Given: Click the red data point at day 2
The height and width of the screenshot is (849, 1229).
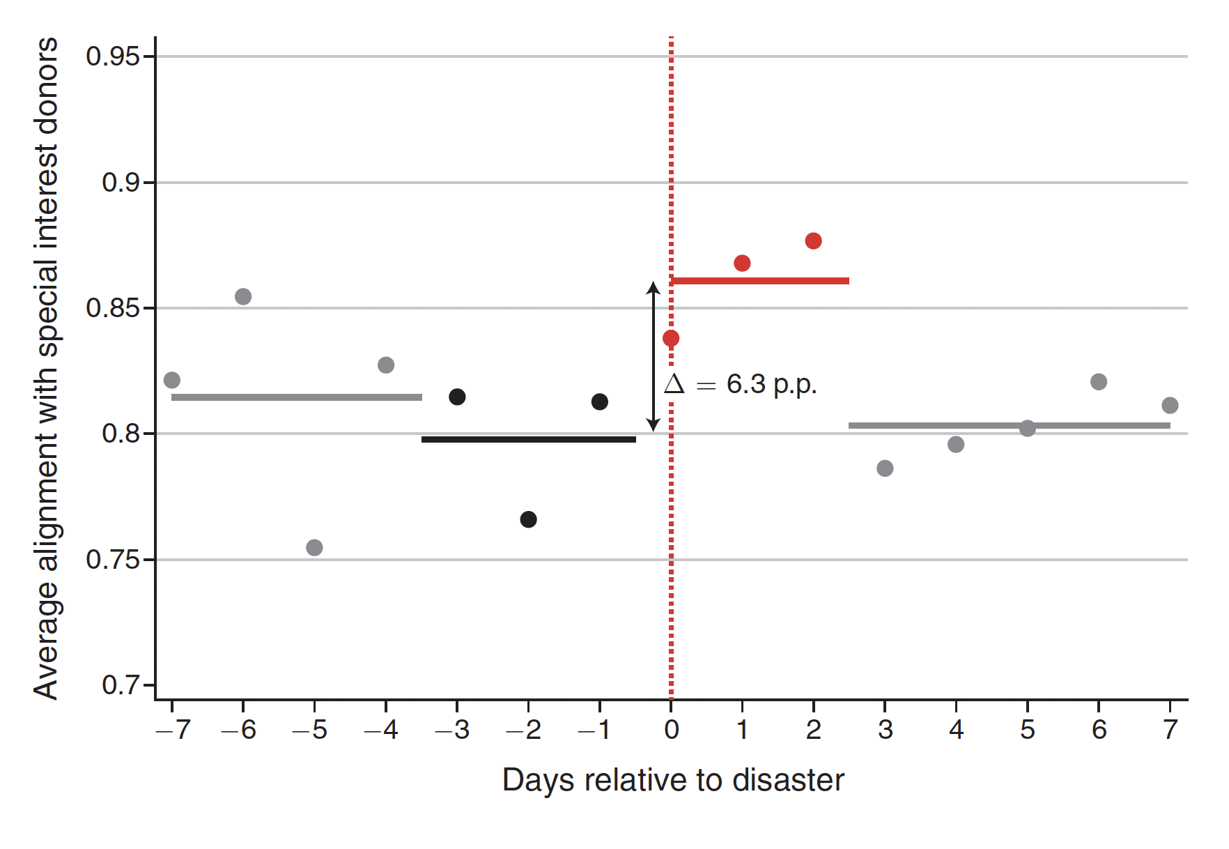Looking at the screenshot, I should [813, 241].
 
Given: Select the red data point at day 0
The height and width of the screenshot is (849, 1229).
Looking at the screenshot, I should [671, 339].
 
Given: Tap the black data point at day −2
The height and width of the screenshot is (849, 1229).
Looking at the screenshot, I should [528, 519].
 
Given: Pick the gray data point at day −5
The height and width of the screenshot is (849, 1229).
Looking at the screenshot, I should [314, 547].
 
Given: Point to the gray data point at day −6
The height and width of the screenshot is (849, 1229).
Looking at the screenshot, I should [243, 297].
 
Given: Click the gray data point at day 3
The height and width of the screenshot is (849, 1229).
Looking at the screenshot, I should [885, 468].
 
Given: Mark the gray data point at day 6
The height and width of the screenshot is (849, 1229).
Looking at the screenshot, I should [1099, 382].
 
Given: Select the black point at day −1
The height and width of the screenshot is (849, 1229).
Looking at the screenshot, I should [600, 401].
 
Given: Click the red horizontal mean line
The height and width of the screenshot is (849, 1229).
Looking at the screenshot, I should [759, 281].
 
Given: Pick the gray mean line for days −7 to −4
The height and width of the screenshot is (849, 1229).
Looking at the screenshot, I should [296, 397].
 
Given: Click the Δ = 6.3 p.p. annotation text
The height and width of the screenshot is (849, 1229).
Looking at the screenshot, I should [740, 384].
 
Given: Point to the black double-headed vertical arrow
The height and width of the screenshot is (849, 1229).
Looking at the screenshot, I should [653, 355].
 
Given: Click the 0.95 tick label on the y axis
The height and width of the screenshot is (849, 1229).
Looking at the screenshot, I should [112, 56].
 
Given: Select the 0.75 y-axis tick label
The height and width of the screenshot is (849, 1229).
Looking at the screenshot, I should [112, 560].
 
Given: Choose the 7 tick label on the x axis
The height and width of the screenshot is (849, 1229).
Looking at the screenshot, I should [1170, 730].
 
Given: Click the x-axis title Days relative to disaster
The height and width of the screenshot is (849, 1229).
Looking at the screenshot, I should [673, 780].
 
